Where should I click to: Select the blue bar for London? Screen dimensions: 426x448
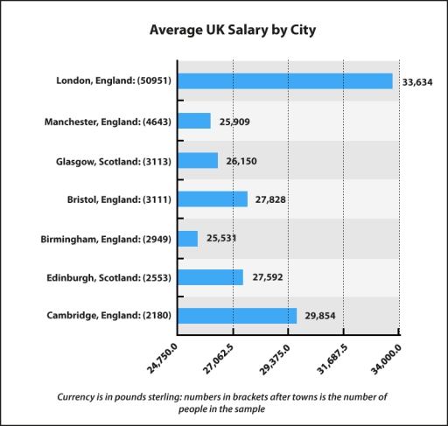285,80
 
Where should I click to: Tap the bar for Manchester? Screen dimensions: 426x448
194,121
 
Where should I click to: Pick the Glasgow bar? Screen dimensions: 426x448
198,160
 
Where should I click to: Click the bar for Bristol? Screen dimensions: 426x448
213,199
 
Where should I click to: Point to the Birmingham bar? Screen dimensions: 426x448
188,238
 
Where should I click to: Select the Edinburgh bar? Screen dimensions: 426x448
211,277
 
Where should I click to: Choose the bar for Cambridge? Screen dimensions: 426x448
237,316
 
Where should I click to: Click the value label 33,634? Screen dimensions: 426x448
418,82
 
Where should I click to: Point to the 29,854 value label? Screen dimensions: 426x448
319,317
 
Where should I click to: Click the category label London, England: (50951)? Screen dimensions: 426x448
113,81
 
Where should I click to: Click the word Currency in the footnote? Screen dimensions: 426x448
81,396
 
